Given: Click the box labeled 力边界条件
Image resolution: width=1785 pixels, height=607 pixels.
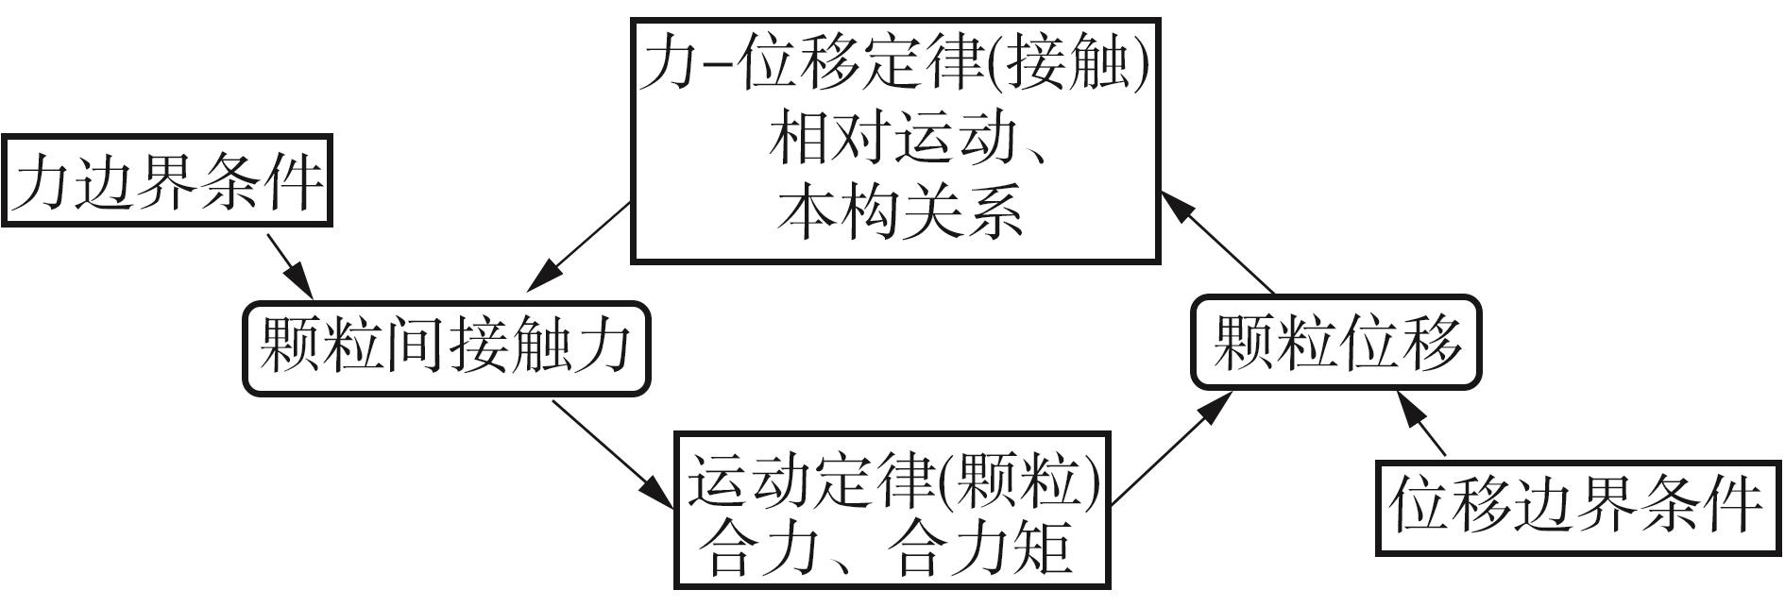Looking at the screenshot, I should (x=166, y=180).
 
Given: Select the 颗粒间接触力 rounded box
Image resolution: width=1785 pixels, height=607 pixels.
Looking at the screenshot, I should (x=447, y=346).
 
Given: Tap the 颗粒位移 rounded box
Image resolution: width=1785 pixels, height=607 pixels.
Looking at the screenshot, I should (x=1335, y=342).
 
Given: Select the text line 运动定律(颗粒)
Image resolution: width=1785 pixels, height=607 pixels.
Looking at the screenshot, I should (x=892, y=481).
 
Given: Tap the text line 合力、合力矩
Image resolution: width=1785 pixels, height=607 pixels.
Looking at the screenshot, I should (x=890, y=548).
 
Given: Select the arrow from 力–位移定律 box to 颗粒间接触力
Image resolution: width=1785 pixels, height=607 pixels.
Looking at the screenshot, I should (x=579, y=246).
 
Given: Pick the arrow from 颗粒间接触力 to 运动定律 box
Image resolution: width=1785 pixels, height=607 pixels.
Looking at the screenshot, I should (x=613, y=453).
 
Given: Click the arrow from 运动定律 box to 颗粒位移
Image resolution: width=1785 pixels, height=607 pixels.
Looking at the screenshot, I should (x=1171, y=447).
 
